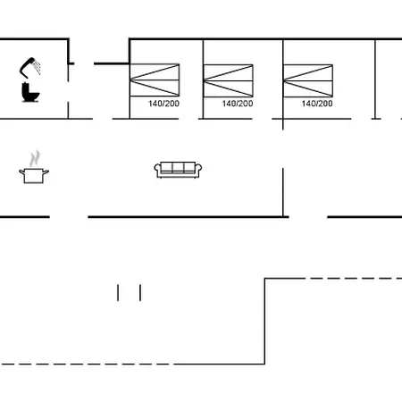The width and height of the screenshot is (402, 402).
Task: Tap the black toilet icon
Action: pyautogui.click(x=30, y=92)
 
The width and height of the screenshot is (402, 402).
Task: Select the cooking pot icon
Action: pyautogui.click(x=34, y=175)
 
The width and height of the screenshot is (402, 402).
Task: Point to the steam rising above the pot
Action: pyautogui.click(x=35, y=158)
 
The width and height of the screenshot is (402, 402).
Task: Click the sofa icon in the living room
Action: pyautogui.click(x=178, y=170)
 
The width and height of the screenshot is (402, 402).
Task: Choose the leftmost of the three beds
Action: pyautogui.click(x=155, y=80)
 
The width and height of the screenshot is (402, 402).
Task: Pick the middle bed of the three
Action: pyautogui.click(x=228, y=80)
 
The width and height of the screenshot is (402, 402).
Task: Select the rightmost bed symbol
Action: pyautogui.click(x=308, y=80)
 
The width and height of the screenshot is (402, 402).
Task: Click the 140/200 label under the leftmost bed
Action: pyautogui.click(x=163, y=104)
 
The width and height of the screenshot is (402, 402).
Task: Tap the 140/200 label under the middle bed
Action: pyautogui.click(x=238, y=104)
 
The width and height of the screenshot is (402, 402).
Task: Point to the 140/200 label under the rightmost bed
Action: pyautogui.click(x=317, y=104)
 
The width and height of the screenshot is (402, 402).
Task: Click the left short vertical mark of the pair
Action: pyautogui.click(x=118, y=293)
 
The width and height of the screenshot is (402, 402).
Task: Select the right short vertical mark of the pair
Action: pyautogui.click(x=140, y=293)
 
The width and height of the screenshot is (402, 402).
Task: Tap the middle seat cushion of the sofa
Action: pyautogui.click(x=178, y=168)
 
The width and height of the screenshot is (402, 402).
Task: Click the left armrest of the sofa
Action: pyautogui.click(x=157, y=171)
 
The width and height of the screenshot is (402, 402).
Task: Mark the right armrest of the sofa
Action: pyautogui.click(x=198, y=171)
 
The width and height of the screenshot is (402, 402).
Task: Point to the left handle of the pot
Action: pyautogui.click(x=21, y=172)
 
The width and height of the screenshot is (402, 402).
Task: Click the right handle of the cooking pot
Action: pyautogui.click(x=46, y=172)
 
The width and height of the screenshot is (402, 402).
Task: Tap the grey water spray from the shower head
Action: pyautogui.click(x=38, y=67)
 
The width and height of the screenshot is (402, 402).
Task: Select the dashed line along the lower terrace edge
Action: pyautogui.click(x=88, y=364)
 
